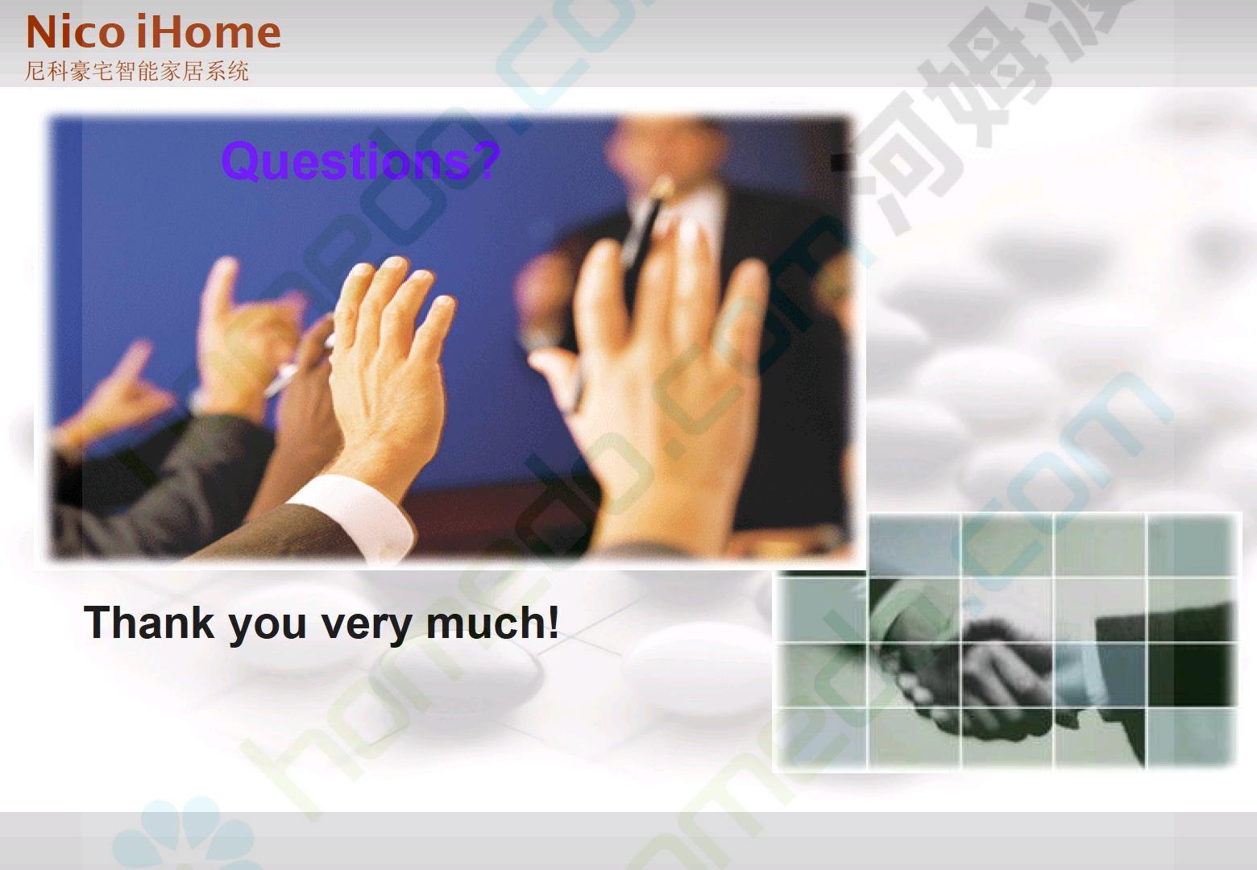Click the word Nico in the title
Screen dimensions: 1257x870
pyautogui.click(x=75, y=32)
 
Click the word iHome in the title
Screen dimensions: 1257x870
pyautogui.click(x=209, y=32)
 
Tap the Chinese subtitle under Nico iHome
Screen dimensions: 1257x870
pyautogui.click(x=136, y=71)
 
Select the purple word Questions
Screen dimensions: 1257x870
pyautogui.click(x=345, y=162)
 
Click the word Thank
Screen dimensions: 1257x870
pyautogui.click(x=149, y=622)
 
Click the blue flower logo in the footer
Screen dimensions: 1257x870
pyautogui.click(x=185, y=836)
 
